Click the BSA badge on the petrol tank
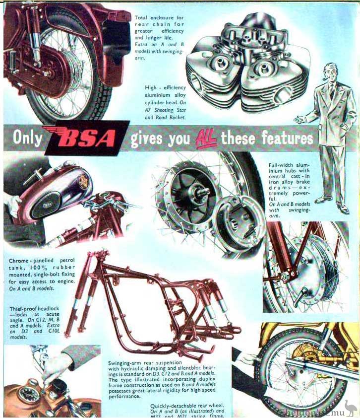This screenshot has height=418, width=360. [x=49, y=205]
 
